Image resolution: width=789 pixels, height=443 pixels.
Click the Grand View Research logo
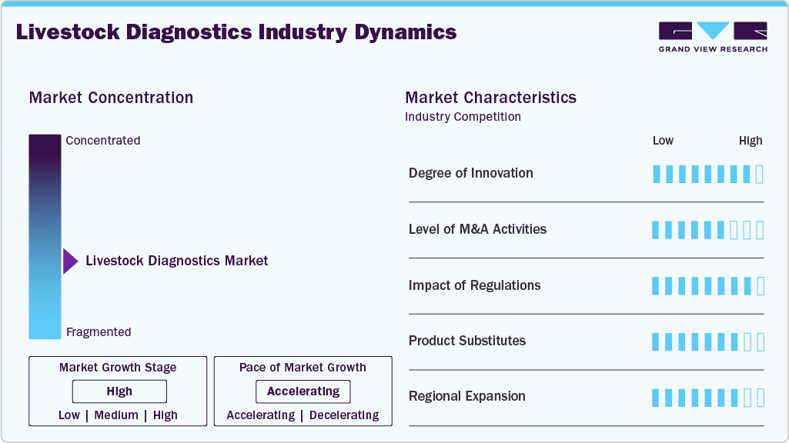pos(713,37)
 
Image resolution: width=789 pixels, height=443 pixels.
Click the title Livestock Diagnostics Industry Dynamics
pos(236,32)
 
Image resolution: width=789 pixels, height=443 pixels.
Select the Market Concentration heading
pos(111,98)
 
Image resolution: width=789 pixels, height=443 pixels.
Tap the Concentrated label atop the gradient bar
pos(103,141)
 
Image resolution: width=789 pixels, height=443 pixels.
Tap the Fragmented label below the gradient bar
pos(99,332)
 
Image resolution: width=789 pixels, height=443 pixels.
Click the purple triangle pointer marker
pos(70,261)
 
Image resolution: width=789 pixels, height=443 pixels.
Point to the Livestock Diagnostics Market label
pos(177,261)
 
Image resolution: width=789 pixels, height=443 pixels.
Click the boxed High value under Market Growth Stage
pos(119,391)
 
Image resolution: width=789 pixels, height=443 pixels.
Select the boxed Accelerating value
pos(303,391)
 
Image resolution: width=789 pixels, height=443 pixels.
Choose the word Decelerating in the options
pos(343,415)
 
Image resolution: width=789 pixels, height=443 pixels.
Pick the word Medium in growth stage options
pos(116,415)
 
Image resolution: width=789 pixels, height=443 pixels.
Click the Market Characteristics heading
pos(490,98)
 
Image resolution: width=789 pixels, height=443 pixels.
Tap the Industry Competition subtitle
pos(463,117)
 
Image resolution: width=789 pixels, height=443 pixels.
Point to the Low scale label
pos(663,141)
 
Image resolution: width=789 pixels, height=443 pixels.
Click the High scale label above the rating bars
pos(751,141)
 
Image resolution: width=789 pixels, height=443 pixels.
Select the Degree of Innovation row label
pos(470,173)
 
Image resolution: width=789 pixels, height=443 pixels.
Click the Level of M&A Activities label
pos(477,229)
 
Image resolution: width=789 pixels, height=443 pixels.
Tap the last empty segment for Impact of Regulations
pos(761,286)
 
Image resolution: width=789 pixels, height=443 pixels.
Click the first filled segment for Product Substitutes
pos(656,341)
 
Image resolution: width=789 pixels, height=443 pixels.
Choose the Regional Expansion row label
pos(466,397)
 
